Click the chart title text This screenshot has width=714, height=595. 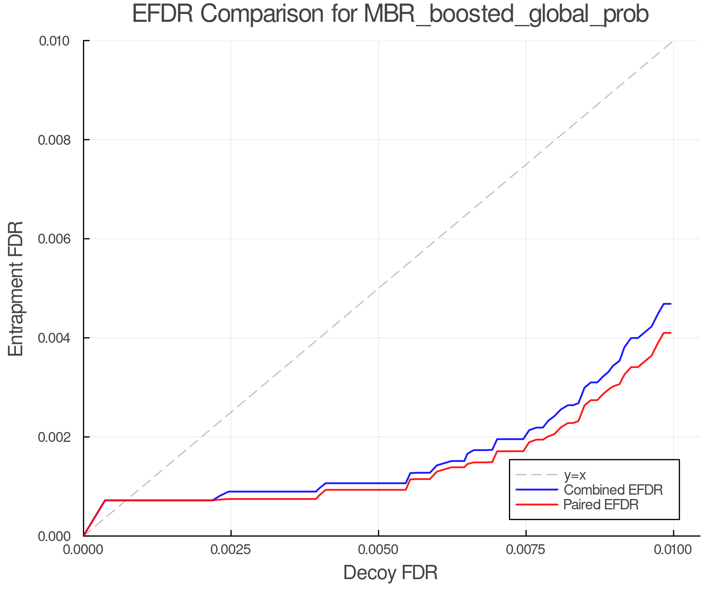point(390,14)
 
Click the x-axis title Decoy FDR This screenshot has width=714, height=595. point(390,573)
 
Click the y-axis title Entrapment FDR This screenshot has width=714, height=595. point(16,288)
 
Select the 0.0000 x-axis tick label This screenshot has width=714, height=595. point(83,550)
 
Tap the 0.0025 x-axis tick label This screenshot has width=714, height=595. point(231,550)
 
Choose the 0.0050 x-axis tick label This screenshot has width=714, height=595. point(378,550)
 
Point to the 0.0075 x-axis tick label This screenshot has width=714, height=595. point(526,550)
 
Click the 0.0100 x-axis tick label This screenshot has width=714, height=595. point(673,550)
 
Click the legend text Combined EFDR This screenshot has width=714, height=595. point(613,490)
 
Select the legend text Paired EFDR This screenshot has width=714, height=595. point(601,505)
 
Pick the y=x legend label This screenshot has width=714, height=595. point(575,475)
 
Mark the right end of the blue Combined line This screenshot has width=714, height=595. point(670,304)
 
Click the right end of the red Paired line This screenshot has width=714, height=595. point(670,333)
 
